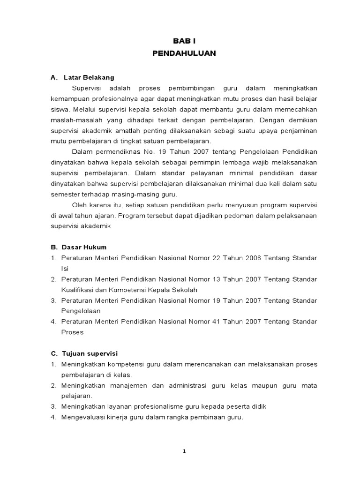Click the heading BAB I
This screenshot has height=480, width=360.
184,41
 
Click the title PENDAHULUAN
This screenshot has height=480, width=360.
184,53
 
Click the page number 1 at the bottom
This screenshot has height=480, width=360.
184,451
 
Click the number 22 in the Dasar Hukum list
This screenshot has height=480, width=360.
216,258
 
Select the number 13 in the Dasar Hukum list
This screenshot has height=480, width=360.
216,279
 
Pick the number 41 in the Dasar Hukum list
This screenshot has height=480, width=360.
216,322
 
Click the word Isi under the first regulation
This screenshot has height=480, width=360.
65,269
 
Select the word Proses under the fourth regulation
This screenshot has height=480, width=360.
72,332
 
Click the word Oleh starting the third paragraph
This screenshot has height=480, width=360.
79,204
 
